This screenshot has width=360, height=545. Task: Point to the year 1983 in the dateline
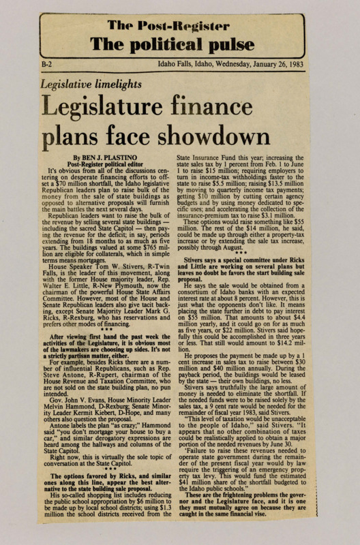[x=312, y=67]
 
